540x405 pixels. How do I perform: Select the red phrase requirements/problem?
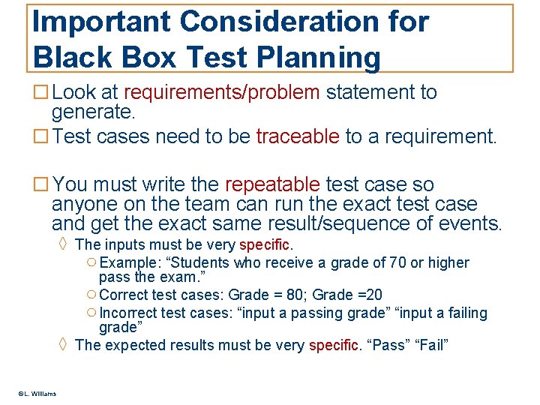tap(222, 93)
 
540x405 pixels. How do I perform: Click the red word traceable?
tap(298, 136)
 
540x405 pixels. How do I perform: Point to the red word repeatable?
tap(274, 184)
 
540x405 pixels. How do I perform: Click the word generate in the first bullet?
tap(92, 113)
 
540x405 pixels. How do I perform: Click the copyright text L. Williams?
tap(37, 394)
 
